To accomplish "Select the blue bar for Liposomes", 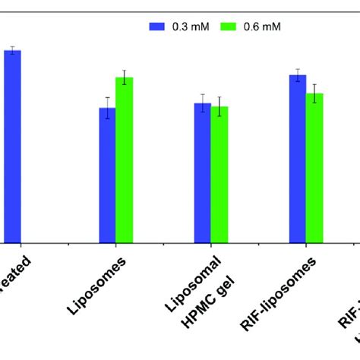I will click(x=108, y=175).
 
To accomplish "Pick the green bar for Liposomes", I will click(x=125, y=159).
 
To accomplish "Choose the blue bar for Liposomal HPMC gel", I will click(x=202, y=172).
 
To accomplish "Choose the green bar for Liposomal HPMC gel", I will click(x=219, y=174).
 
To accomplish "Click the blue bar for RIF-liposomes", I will click(x=298, y=158).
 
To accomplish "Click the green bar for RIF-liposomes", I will click(x=314, y=167).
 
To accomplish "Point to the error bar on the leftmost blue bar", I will click(x=12, y=50).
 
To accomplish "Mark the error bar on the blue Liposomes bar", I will click(x=108, y=108).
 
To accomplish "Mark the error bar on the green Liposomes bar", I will click(x=125, y=77).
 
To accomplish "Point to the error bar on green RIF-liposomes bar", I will click(x=314, y=93).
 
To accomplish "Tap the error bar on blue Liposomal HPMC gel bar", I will click(x=202, y=103).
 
